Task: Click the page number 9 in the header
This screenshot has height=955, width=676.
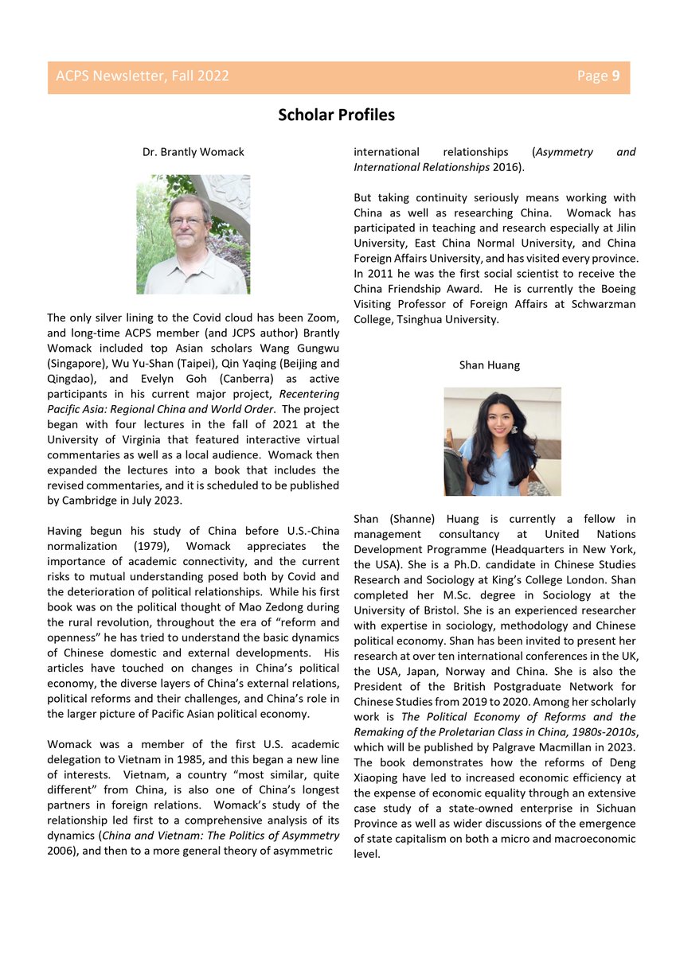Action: click(615, 76)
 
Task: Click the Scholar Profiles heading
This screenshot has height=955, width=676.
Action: click(336, 115)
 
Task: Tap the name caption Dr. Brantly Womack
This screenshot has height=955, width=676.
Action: click(193, 151)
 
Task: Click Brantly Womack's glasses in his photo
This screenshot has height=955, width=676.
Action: click(188, 221)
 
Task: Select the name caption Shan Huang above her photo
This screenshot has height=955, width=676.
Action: click(489, 365)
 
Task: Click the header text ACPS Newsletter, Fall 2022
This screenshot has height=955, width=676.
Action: click(143, 76)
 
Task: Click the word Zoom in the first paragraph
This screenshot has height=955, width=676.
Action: click(322, 318)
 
